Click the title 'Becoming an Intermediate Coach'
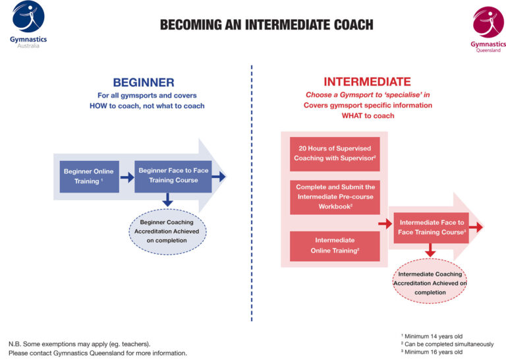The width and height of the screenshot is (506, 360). coord(266,25)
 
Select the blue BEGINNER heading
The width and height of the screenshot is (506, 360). coord(144,82)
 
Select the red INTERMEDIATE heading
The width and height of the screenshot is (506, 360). coord(367,82)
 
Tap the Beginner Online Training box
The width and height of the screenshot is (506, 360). coord(89,176)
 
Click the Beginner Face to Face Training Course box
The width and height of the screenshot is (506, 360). coord(173,175)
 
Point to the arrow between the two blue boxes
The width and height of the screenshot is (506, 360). coord(126,177)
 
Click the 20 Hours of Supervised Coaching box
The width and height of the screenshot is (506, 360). coord(335,153)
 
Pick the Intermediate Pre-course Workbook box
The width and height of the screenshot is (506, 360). coord(335,196)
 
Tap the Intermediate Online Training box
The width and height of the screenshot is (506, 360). coord(335,245)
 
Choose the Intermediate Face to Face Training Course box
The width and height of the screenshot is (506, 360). coord(432,227)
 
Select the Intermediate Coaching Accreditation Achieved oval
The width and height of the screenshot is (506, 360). coord(430,283)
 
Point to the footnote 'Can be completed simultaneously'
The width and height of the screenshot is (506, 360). coord(448,344)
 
